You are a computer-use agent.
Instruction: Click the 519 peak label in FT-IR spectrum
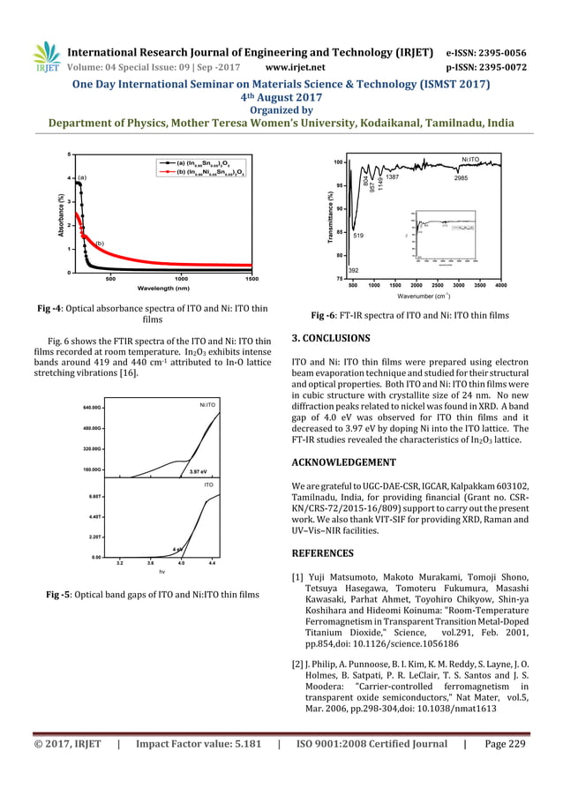(x=358, y=236)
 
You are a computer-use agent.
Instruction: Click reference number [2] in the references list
(x=297, y=659)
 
